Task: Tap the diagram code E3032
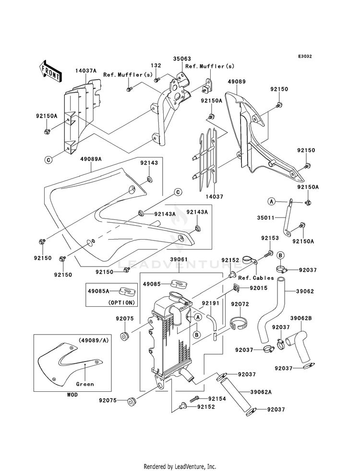click(305, 57)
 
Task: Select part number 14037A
click(86, 71)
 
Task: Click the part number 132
click(156, 65)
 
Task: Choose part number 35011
click(265, 217)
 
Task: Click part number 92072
click(240, 304)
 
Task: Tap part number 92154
click(217, 399)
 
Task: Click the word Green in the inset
click(85, 384)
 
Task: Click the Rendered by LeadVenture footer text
click(180, 466)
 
